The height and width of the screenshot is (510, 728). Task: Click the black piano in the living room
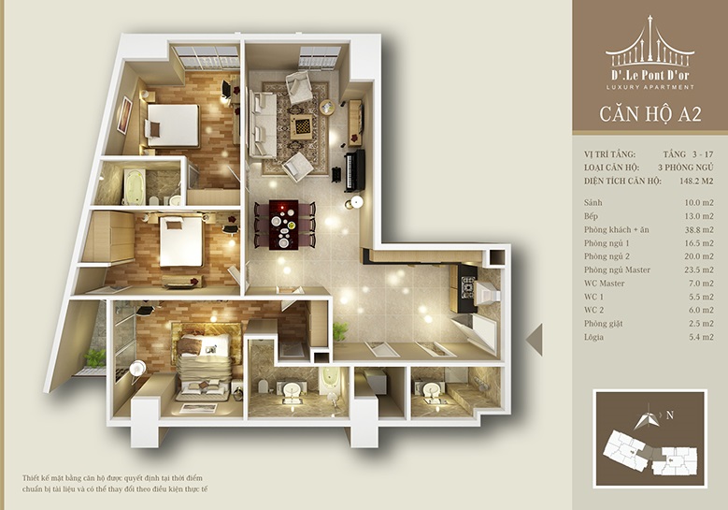354,170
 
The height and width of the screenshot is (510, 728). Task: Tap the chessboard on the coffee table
302,125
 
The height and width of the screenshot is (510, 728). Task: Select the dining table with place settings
284,225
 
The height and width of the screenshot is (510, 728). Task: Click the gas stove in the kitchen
467,287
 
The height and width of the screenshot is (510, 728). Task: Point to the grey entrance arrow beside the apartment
534,340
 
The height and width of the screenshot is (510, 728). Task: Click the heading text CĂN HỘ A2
650,114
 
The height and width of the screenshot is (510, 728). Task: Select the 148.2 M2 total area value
696,181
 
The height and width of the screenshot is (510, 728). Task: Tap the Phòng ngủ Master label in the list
617,270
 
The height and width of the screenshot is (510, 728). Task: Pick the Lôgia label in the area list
593,337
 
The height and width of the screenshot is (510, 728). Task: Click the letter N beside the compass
670,415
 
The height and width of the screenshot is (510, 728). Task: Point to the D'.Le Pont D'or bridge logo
650,41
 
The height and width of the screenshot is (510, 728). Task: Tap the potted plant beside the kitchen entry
341,331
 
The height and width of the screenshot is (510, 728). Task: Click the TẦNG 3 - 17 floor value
688,154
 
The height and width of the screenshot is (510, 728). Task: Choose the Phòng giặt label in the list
604,324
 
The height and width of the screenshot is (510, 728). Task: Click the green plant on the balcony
94,357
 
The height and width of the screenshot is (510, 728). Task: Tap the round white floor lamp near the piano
356,202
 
